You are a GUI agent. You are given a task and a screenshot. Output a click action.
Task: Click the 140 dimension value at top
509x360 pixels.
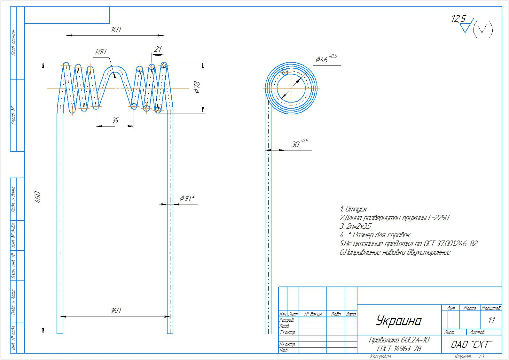(115, 30)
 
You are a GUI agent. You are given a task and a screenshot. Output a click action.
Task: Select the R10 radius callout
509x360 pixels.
(100, 52)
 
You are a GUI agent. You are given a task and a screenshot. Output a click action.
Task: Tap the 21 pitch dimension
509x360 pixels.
(158, 49)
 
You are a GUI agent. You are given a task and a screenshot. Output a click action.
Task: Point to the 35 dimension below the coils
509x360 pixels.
(114, 120)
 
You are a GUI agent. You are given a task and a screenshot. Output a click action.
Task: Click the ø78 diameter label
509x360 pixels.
(196, 87)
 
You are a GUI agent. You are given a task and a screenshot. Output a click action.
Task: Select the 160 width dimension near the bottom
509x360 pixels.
(115, 310)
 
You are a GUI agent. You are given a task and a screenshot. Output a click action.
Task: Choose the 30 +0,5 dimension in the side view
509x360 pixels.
(299, 143)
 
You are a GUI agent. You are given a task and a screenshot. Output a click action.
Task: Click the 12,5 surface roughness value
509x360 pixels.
(458, 19)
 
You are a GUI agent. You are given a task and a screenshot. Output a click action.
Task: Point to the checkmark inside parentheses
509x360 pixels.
(483, 30)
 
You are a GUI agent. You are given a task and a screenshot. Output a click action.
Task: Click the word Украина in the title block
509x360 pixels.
(399, 320)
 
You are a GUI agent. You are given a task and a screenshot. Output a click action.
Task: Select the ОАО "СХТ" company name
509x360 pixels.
(471, 345)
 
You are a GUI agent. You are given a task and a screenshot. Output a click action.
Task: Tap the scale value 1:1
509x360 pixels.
(491, 320)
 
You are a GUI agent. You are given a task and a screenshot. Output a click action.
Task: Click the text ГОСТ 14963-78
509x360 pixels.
(399, 349)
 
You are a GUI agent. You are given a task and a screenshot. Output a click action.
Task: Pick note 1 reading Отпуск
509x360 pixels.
(354, 209)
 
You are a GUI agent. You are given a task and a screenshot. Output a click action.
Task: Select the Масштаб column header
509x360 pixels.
(491, 308)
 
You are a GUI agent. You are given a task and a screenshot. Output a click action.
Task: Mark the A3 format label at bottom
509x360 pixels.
(481, 356)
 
